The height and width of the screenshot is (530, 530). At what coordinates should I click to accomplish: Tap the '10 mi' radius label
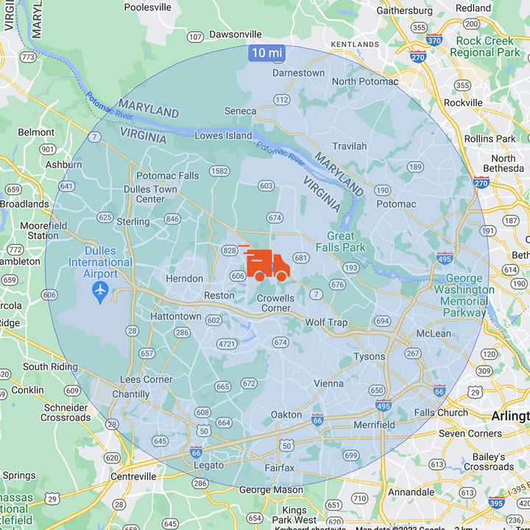[x=266, y=53]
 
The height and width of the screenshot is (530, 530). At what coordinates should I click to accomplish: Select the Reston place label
[x=219, y=295]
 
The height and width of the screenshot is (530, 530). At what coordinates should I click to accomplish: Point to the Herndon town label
[x=184, y=278]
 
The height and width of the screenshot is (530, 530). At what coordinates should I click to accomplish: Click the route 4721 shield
[x=227, y=344]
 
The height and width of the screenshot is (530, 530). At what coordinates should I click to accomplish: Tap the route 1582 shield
[x=219, y=171]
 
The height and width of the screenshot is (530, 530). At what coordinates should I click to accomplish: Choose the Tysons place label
[x=369, y=356]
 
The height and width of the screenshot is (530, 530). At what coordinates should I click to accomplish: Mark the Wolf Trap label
[x=326, y=322]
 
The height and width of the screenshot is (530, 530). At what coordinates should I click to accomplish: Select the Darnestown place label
[x=298, y=73]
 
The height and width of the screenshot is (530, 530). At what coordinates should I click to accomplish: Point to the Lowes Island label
[x=223, y=135]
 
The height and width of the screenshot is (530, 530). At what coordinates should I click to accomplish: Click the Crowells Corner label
[x=275, y=303]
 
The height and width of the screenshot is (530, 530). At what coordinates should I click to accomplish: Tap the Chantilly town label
[x=131, y=394]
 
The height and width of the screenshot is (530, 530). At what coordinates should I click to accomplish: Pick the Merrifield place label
[x=374, y=425]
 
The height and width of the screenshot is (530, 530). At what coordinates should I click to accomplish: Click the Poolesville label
[x=147, y=7]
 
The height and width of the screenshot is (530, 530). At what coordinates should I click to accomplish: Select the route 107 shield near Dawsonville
[x=195, y=37]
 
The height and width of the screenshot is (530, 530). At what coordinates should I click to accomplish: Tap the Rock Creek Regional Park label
[x=484, y=47]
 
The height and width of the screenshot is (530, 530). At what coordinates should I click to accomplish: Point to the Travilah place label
[x=349, y=146]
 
